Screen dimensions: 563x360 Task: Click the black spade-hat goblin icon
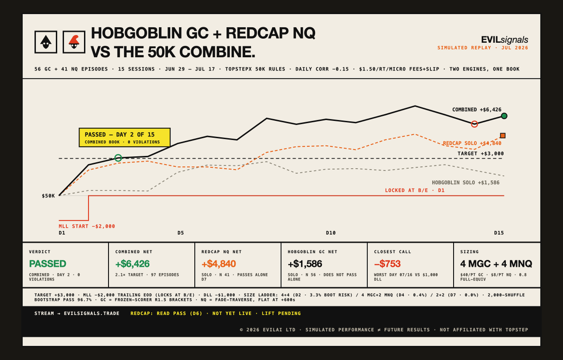click(46, 42)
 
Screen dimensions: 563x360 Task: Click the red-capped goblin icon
click(74, 42)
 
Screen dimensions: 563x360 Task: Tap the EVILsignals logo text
click(504, 39)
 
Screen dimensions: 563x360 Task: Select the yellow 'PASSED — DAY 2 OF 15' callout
click(124, 137)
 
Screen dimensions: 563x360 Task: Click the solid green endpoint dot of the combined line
click(504, 116)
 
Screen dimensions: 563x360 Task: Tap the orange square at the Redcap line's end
click(503, 135)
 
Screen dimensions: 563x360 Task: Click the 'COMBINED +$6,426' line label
click(477, 110)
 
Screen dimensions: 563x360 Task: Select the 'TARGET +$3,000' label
click(480, 153)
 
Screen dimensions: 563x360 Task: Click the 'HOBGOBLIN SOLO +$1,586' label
click(465, 182)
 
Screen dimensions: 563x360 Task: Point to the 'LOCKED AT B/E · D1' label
click(415, 190)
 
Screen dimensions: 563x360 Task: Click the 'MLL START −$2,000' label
click(87, 227)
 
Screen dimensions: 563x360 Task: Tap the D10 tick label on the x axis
click(331, 233)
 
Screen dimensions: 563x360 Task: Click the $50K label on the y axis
click(48, 196)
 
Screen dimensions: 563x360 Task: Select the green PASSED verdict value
click(47, 264)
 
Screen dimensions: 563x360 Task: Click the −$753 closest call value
click(387, 264)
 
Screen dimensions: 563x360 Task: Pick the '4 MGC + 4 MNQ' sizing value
click(496, 264)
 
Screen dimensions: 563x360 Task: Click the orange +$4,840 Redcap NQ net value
click(218, 264)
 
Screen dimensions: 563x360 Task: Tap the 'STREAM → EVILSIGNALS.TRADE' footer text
click(77, 313)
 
